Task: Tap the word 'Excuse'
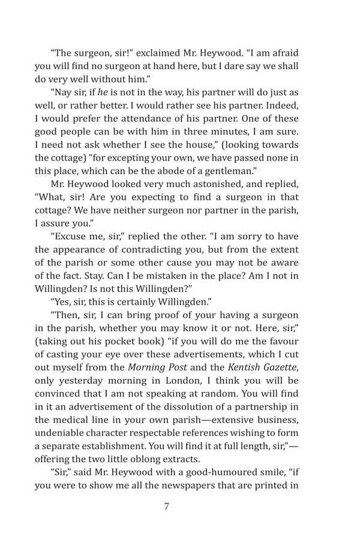pyautogui.click(x=71, y=237)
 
